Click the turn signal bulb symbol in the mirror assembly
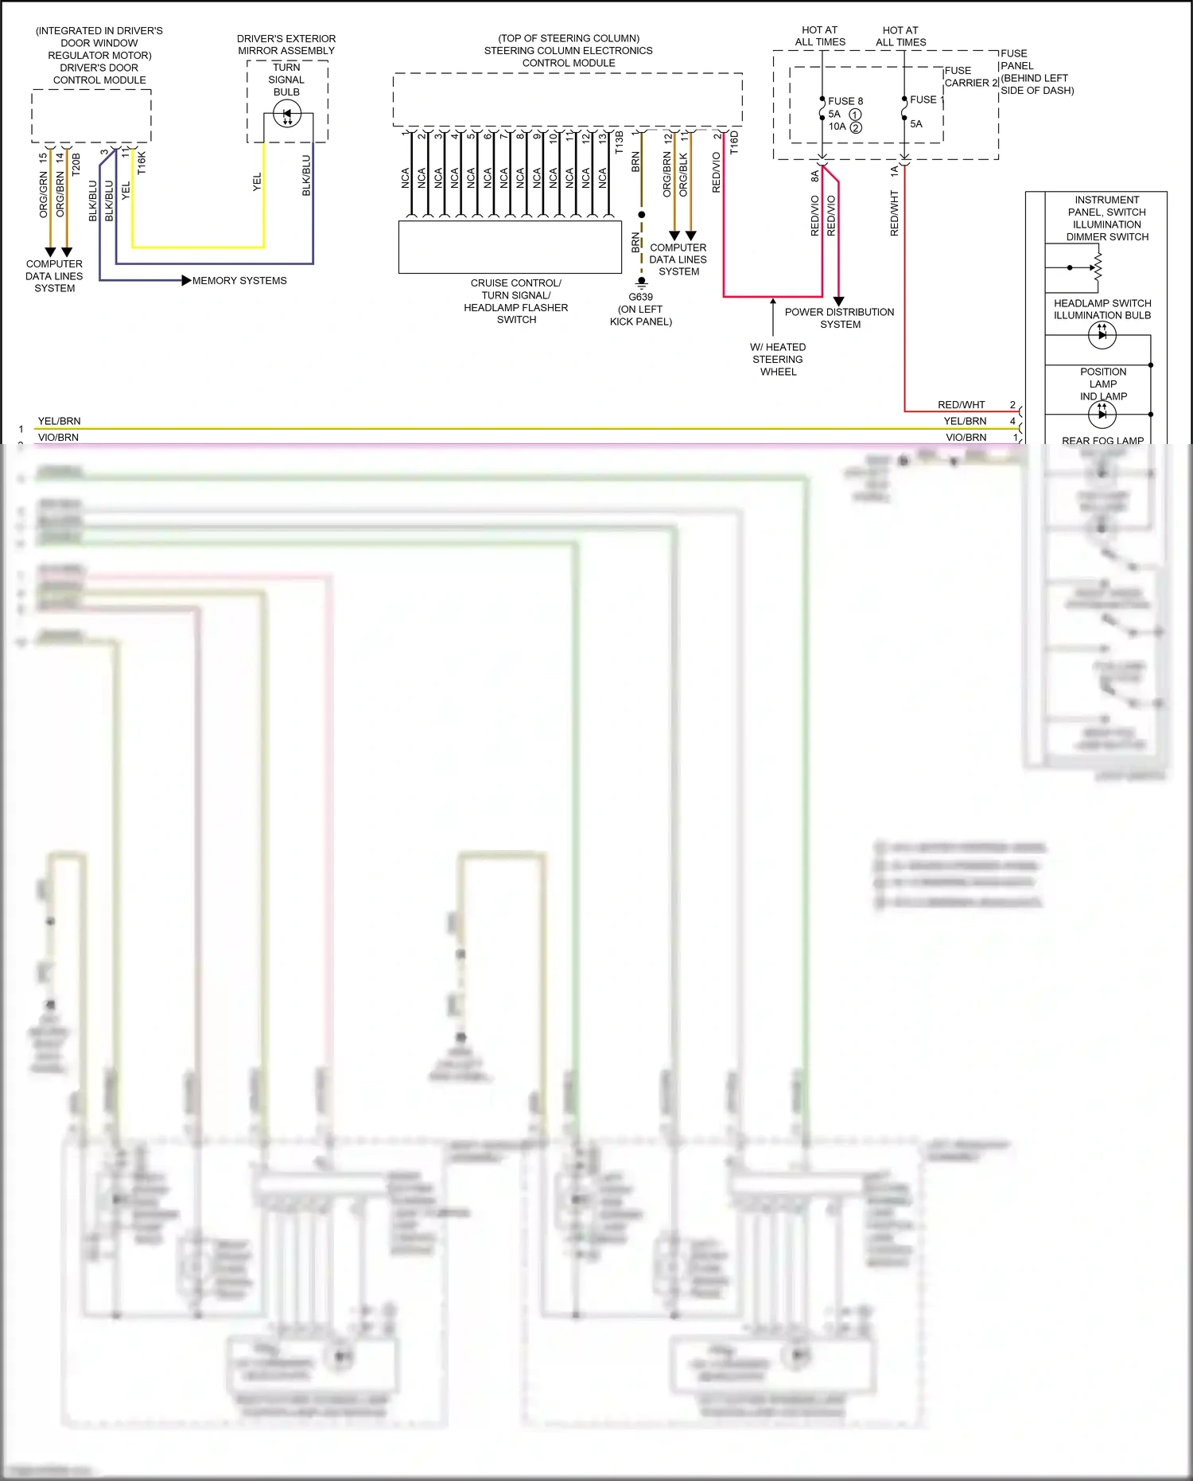pos(287,115)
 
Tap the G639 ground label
pos(640,297)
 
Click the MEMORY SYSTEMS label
pos(239,281)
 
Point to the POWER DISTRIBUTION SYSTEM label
pos(839,318)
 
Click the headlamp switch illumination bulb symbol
pos(1102,335)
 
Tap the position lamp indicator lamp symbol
pos(1102,414)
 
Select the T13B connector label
pos(620,143)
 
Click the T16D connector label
pos(734,143)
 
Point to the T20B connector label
pos(76,164)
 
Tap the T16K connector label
pos(142,162)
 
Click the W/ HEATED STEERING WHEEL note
pos(778,359)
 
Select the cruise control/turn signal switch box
pos(510,247)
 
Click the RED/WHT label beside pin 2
pos(961,405)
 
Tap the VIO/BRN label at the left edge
pos(58,438)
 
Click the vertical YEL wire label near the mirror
pos(257,182)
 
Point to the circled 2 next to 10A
pos(856,127)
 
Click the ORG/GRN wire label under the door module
pos(44,195)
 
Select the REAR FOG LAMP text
pos(1102,440)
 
